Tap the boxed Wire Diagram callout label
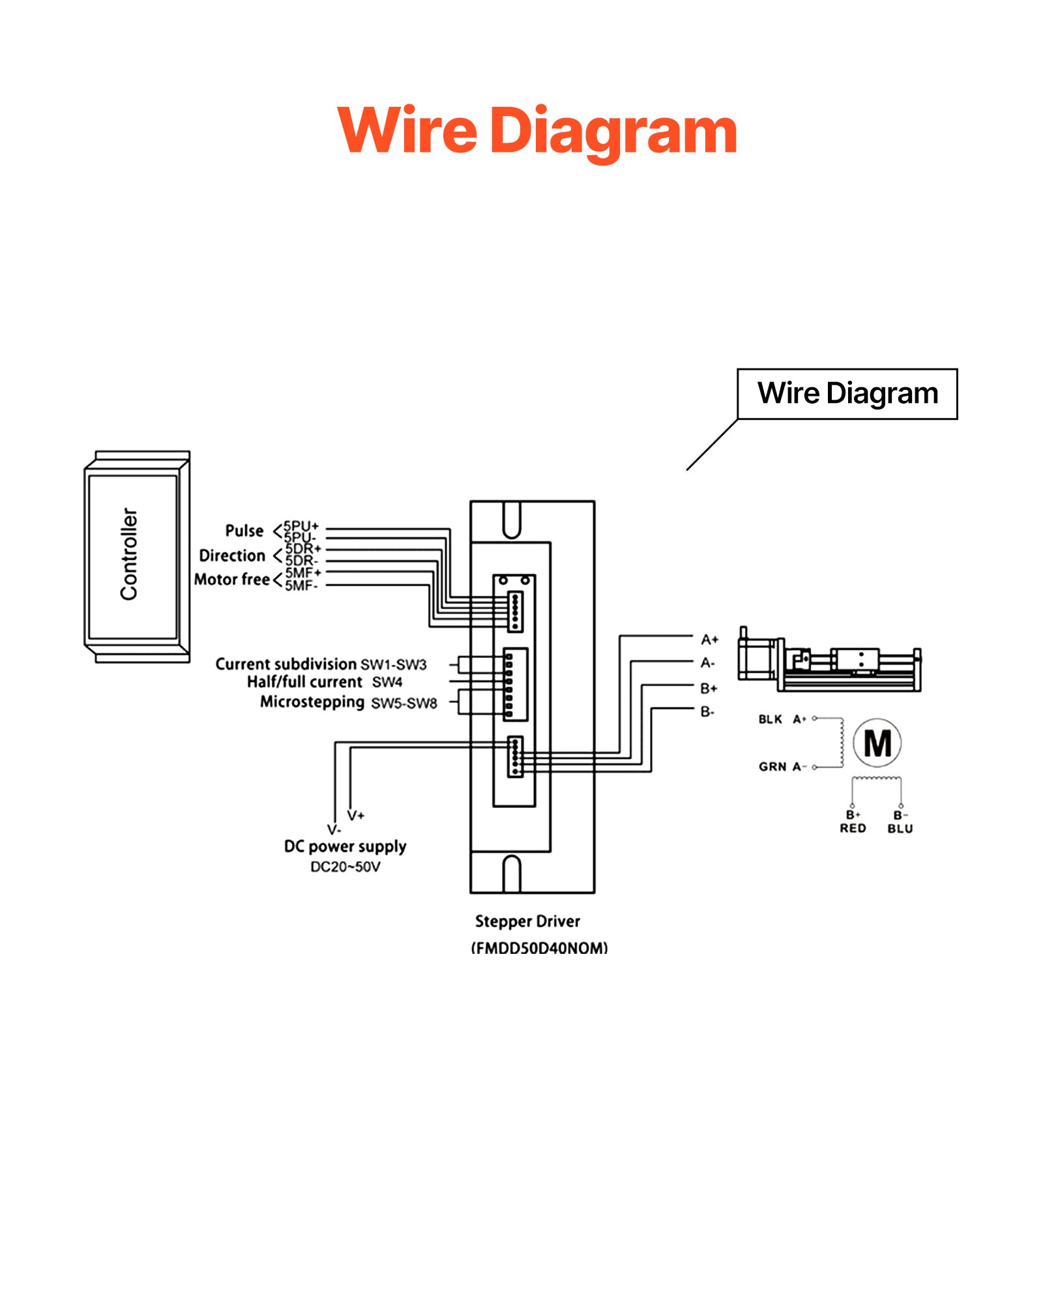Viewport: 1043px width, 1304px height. pyautogui.click(x=847, y=393)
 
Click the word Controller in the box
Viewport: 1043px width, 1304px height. pyautogui.click(x=129, y=554)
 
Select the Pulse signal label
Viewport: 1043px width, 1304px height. pyautogui.click(x=244, y=531)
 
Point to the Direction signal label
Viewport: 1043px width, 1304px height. pyautogui.click(x=232, y=556)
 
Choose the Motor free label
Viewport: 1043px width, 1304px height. pyautogui.click(x=232, y=579)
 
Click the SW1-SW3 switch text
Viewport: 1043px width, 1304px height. pyautogui.click(x=393, y=664)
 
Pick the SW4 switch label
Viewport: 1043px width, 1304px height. pyautogui.click(x=387, y=682)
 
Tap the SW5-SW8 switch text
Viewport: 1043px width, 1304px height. pyautogui.click(x=404, y=703)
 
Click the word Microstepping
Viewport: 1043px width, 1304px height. pyautogui.click(x=312, y=702)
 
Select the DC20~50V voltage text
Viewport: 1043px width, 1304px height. pyautogui.click(x=345, y=867)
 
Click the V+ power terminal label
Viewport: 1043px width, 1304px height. pyautogui.click(x=355, y=815)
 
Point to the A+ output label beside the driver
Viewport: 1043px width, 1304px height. pyautogui.click(x=709, y=640)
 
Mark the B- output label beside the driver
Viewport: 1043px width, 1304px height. pyautogui.click(x=707, y=711)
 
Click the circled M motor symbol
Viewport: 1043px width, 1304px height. pyautogui.click(x=877, y=743)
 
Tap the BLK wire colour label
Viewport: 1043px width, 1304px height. pyautogui.click(x=770, y=719)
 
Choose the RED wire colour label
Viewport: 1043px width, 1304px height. pyautogui.click(x=853, y=828)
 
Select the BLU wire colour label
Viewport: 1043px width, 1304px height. pyautogui.click(x=900, y=829)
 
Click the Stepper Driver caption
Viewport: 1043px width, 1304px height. pyautogui.click(x=527, y=921)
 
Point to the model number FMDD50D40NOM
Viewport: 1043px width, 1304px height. pyautogui.click(x=539, y=947)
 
